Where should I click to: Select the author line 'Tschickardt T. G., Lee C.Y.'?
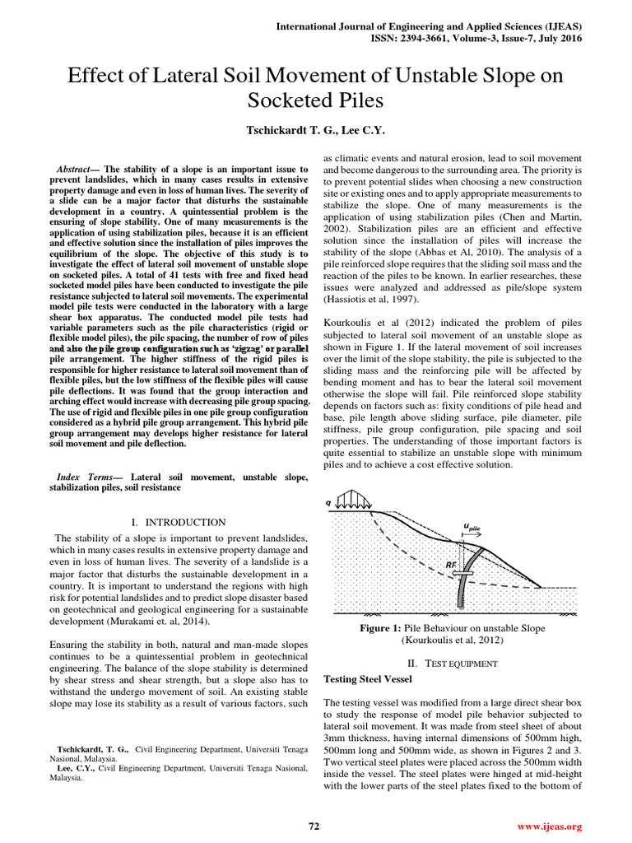316,131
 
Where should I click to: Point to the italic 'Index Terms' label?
86,477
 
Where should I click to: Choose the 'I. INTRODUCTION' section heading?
178,522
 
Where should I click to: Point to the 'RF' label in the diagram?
452,565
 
